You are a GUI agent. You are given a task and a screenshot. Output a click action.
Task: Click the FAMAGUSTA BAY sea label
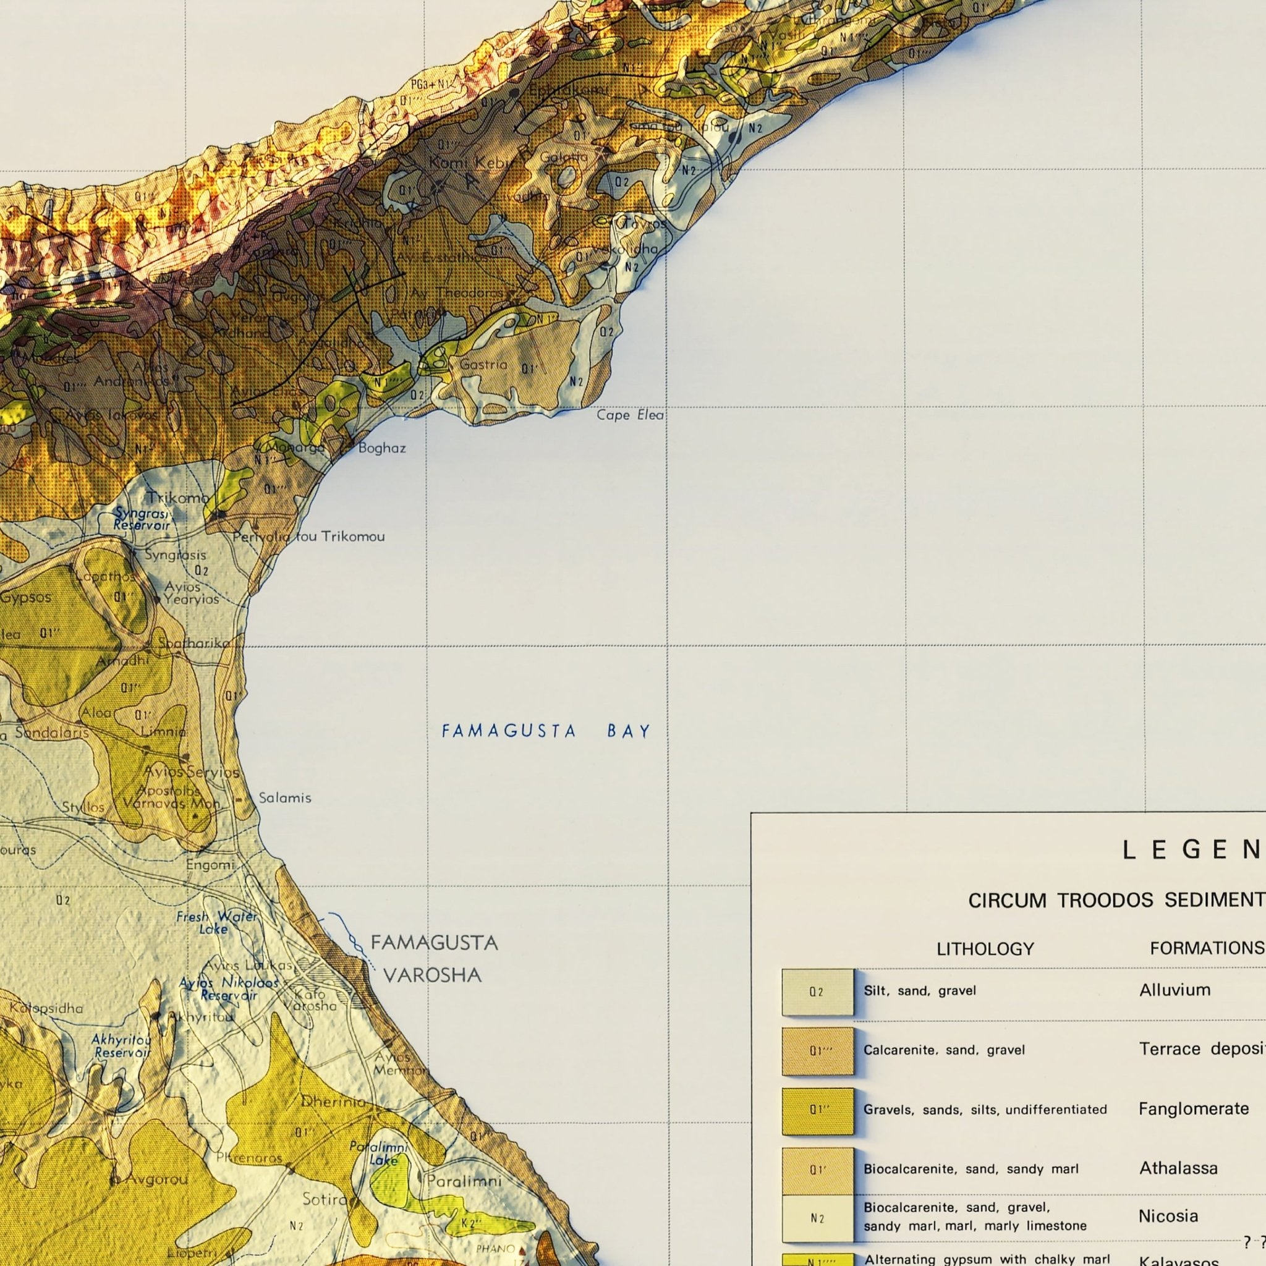click(546, 731)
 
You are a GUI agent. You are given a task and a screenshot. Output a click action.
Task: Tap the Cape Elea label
click(630, 415)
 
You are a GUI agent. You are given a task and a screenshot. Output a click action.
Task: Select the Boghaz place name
click(382, 448)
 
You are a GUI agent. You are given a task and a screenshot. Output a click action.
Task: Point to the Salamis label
click(284, 797)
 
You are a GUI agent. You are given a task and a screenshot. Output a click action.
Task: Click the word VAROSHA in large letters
click(433, 975)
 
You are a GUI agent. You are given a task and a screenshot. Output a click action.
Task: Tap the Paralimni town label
click(464, 1181)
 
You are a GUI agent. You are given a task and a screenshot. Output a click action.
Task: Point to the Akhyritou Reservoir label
click(121, 1046)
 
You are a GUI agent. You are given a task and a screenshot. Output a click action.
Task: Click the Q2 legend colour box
click(817, 992)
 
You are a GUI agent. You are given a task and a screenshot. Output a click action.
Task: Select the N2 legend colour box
click(817, 1218)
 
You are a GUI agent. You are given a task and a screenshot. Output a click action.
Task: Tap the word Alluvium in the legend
click(1175, 990)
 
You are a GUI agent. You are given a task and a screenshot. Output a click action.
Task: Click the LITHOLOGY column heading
click(985, 948)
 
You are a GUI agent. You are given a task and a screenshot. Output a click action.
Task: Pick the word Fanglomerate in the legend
click(1193, 1108)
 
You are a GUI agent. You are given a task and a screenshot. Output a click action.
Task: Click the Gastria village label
click(483, 364)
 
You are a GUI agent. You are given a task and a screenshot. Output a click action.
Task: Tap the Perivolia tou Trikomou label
click(308, 537)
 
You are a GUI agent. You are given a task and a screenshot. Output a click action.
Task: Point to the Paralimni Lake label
click(379, 1153)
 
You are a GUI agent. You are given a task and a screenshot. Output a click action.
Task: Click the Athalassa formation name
click(1178, 1167)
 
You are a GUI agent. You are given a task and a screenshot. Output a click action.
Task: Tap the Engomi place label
click(210, 864)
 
